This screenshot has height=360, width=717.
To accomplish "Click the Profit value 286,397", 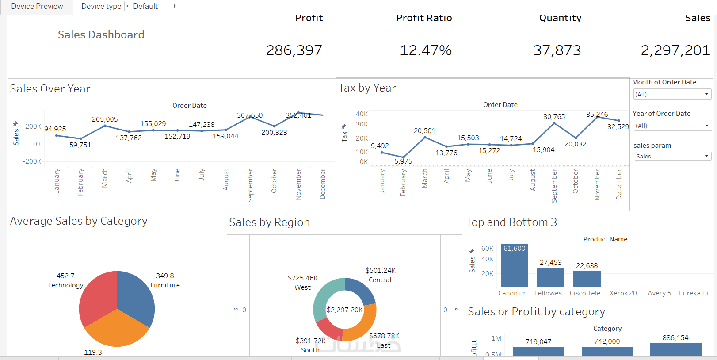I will [x=294, y=50].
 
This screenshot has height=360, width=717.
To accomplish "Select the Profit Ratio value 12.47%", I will [x=426, y=50].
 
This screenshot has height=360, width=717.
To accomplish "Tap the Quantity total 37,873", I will [x=557, y=50].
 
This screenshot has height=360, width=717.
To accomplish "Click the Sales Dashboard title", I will [x=101, y=34].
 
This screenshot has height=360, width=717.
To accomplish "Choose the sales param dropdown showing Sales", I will [x=672, y=156].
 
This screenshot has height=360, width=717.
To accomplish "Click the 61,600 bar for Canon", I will [x=515, y=268].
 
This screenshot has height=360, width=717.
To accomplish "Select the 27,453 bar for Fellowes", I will [x=551, y=277].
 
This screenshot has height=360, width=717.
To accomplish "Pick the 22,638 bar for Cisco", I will [x=587, y=279].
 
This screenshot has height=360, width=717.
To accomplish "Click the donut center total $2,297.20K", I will [x=344, y=310].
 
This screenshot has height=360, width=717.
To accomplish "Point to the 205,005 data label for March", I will [x=105, y=119].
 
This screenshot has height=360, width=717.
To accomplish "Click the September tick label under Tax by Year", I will [x=554, y=186].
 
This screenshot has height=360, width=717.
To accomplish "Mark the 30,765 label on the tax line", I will [x=554, y=116].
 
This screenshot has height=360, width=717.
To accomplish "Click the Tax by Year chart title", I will [x=367, y=88].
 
